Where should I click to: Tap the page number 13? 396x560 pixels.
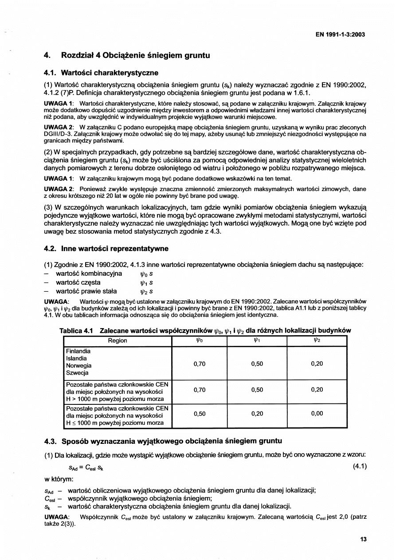(364, 540)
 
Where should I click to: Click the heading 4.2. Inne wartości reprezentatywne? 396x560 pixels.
(106, 249)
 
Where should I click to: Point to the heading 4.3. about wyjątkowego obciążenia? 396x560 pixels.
(163, 441)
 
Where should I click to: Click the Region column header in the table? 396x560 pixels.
(118, 341)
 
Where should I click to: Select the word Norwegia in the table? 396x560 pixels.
(78, 366)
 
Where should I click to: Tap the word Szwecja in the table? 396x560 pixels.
(77, 373)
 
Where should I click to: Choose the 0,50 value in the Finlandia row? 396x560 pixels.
(257, 364)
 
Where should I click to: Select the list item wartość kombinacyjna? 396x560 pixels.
(89, 274)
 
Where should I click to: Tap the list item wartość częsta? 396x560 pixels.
(78, 282)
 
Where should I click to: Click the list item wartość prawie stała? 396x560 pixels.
(86, 291)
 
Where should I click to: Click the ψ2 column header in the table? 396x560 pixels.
(317, 341)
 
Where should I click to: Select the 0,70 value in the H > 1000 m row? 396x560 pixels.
(200, 390)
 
